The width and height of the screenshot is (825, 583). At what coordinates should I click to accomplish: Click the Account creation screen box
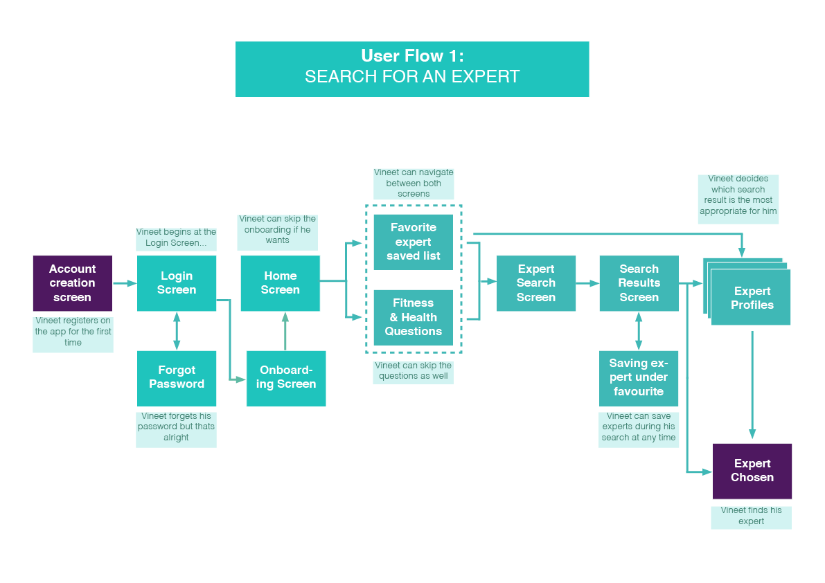pyautogui.click(x=72, y=283)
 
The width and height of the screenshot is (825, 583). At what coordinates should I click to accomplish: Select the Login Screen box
pyautogui.click(x=177, y=283)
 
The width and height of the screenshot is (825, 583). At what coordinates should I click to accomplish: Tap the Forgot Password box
pyautogui.click(x=177, y=378)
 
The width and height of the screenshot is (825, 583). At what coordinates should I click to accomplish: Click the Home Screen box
pyautogui.click(x=280, y=283)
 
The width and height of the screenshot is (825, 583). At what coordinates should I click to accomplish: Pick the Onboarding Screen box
pyautogui.click(x=286, y=378)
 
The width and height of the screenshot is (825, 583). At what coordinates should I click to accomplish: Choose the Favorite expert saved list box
pyautogui.click(x=414, y=242)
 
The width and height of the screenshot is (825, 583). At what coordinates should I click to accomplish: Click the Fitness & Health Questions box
pyautogui.click(x=414, y=317)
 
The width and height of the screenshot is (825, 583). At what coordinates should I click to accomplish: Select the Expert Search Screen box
pyautogui.click(x=536, y=283)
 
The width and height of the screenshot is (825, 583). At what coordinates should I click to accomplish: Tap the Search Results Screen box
pyautogui.click(x=639, y=283)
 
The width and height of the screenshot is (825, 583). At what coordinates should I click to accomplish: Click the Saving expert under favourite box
pyautogui.click(x=639, y=378)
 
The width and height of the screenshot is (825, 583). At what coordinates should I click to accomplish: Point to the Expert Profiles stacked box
pyautogui.click(x=751, y=298)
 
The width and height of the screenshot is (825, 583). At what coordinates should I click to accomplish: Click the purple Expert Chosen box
pyautogui.click(x=752, y=471)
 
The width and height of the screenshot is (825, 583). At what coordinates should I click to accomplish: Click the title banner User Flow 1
pyautogui.click(x=412, y=69)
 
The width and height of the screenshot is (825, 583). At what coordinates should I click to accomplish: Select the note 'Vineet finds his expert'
pyautogui.click(x=751, y=516)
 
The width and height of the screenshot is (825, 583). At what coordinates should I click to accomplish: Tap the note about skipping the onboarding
pyautogui.click(x=277, y=230)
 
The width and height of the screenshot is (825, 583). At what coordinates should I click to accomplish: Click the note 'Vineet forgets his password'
pyautogui.click(x=176, y=427)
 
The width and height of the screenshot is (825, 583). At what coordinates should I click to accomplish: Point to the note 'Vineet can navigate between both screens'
pyautogui.click(x=414, y=183)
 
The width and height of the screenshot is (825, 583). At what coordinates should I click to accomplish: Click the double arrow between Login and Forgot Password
pyautogui.click(x=177, y=331)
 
